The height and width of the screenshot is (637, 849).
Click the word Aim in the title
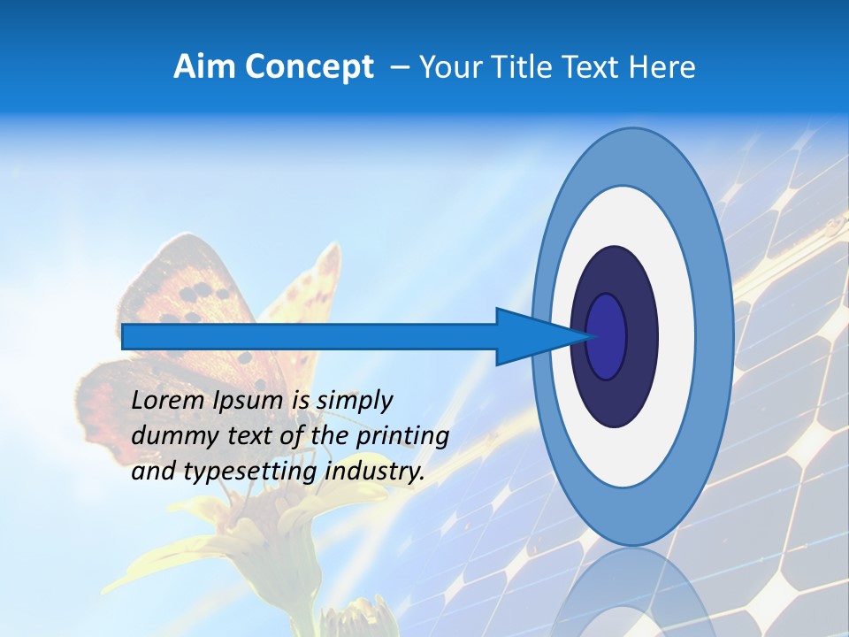tap(204, 67)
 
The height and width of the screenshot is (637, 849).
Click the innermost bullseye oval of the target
tap(607, 336)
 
